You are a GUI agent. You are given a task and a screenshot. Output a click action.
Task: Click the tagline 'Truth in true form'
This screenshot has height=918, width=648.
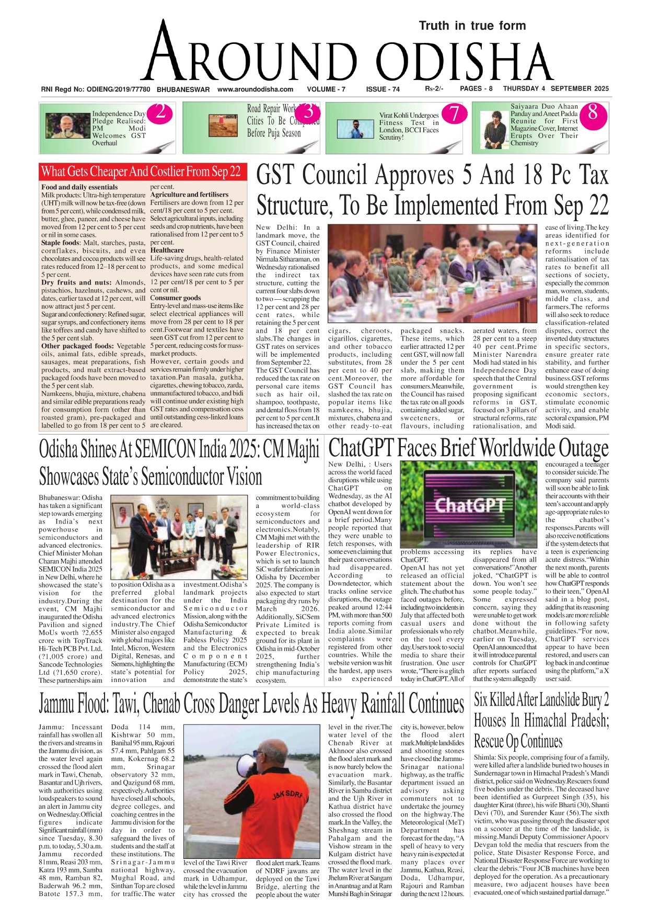click(472, 26)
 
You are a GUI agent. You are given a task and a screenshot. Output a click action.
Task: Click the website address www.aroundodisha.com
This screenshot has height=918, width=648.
click(255, 89)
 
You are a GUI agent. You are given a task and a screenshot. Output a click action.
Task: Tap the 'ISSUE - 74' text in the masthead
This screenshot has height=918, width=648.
click(383, 89)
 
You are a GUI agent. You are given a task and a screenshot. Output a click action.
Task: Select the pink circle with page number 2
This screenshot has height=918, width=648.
click(160, 112)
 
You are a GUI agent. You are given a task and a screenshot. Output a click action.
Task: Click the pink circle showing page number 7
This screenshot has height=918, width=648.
click(454, 113)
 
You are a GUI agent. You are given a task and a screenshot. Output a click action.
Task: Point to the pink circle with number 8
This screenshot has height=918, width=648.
click(593, 112)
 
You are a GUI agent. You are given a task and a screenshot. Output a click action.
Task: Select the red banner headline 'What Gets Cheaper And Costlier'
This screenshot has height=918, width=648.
click(141, 172)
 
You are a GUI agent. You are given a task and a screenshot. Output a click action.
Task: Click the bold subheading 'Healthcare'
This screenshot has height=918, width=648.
click(167, 250)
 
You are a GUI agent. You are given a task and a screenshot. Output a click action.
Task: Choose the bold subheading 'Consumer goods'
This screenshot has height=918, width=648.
click(175, 298)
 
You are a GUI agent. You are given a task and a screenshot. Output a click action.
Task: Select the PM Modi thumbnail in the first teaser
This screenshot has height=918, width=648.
click(68, 126)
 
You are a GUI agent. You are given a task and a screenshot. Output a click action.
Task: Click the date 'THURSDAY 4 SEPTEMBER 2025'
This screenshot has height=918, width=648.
click(556, 88)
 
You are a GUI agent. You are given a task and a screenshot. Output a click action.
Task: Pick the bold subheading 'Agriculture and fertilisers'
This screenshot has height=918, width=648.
click(189, 195)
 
